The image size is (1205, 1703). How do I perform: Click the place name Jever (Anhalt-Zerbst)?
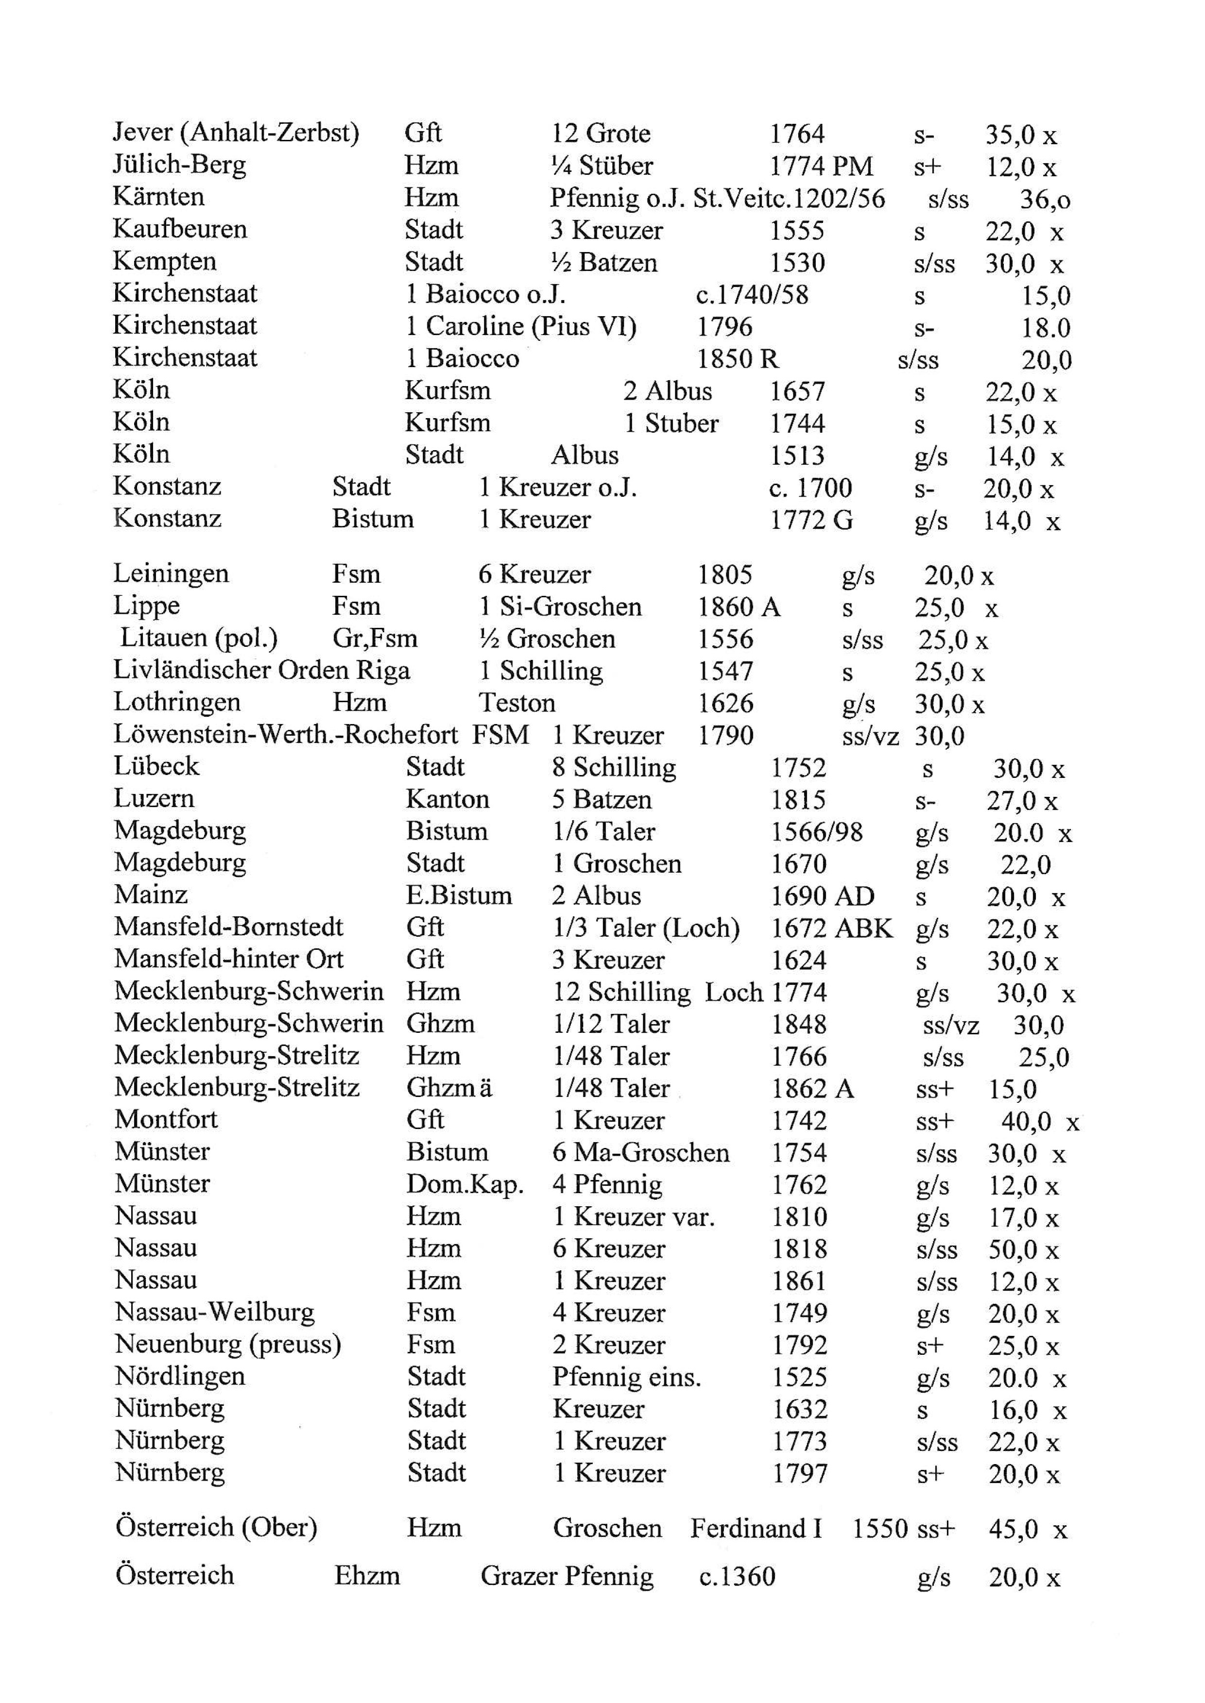(236, 134)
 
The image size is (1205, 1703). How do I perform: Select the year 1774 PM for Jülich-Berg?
(821, 166)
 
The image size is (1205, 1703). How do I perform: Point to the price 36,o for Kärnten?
(1045, 199)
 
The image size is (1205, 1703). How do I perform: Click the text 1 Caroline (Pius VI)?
(521, 326)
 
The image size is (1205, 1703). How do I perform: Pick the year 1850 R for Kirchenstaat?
(738, 359)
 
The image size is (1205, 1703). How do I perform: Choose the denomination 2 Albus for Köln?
(667, 391)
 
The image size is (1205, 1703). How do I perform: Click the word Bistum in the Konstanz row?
(373, 519)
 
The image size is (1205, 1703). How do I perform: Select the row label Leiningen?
(171, 573)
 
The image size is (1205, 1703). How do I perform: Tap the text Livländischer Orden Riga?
(261, 671)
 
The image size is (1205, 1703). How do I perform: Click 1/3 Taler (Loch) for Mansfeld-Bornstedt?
(646, 928)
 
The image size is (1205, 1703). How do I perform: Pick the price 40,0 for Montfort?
(1026, 1121)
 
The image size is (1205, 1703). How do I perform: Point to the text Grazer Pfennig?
(567, 1576)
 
